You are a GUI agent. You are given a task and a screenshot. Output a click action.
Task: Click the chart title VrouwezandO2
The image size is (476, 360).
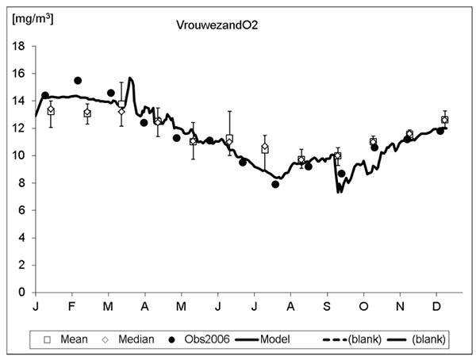tap(217, 25)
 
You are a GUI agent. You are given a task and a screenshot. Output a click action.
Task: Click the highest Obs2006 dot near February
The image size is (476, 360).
tap(78, 81)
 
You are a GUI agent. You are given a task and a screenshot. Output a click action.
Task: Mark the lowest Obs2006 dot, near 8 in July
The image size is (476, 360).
tap(275, 184)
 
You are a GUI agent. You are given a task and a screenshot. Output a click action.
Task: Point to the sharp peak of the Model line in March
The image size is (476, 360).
tap(130, 79)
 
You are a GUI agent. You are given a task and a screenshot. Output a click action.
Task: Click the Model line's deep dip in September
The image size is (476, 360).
tap(339, 191)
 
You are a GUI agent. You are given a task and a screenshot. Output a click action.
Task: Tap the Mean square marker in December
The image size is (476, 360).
tap(444, 120)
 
